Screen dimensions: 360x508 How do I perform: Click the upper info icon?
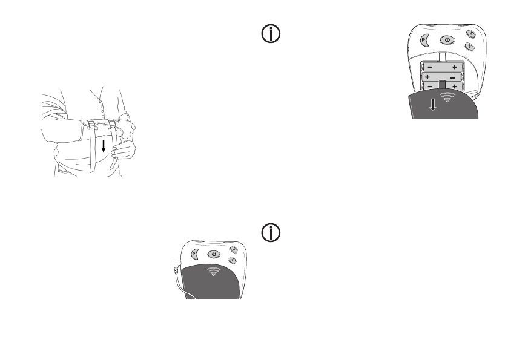point(270,35)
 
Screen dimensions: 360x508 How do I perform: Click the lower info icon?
point(270,233)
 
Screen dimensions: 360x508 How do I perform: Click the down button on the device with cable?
point(233,260)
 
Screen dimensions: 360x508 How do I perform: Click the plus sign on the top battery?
point(454,67)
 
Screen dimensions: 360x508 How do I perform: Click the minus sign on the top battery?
point(429,67)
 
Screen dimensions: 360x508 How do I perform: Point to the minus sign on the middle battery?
point(452,77)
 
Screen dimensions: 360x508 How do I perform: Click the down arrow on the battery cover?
point(431,105)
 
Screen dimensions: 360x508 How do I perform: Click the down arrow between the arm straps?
point(104,146)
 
